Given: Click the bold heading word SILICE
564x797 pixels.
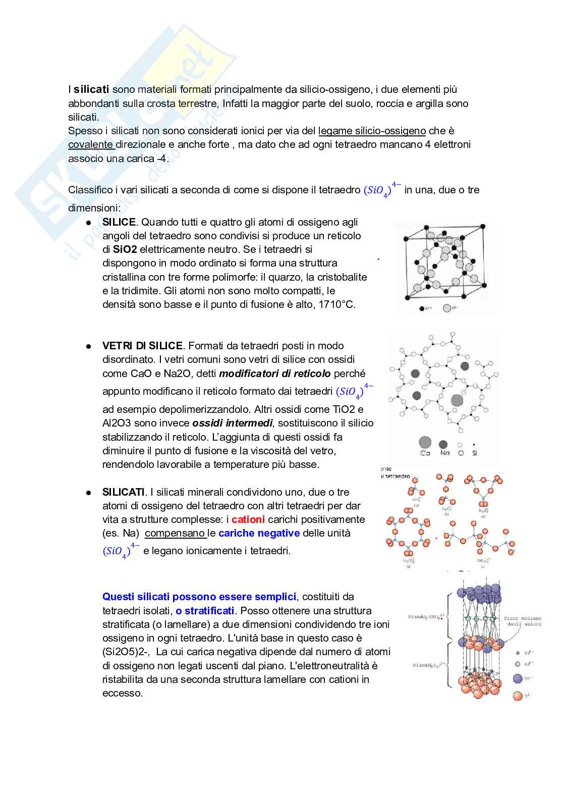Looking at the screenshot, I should click(119, 222).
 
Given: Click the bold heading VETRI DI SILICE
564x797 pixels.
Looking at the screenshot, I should click(142, 346).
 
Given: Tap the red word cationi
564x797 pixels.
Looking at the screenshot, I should click(248, 519).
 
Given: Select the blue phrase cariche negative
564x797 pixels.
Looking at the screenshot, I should click(259, 533).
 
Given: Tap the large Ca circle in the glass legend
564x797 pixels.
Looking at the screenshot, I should click(425, 443).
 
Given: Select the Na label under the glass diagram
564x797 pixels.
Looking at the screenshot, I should click(444, 453).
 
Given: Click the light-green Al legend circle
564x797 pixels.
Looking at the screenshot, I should click(517, 664).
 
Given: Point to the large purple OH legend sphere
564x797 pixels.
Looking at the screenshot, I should click(517, 679).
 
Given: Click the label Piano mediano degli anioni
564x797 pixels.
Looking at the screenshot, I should click(522, 621).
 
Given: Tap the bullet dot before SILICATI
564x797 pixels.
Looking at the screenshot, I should click(88, 492).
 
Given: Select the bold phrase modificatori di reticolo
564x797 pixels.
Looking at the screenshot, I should click(275, 374).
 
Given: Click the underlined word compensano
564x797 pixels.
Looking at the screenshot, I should click(175, 533).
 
